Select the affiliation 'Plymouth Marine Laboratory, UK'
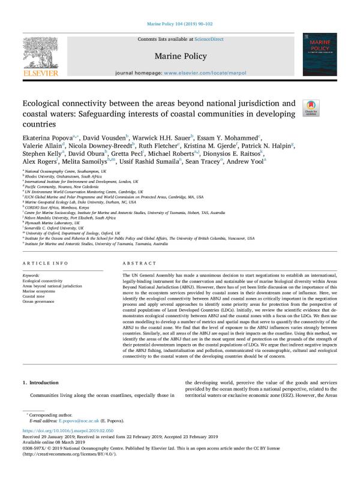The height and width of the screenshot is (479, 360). point(55,221)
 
